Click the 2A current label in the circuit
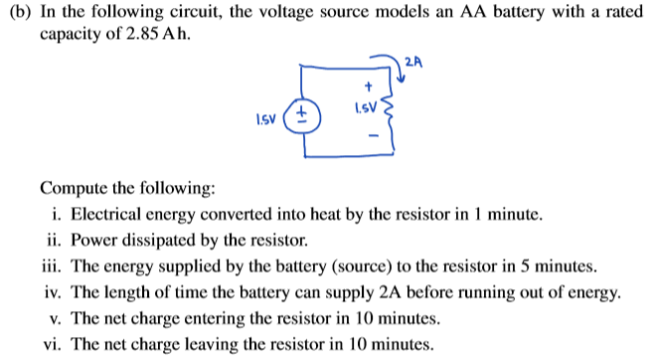414,64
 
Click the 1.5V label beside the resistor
367,106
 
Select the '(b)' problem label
19,12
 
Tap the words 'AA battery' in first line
455,12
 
